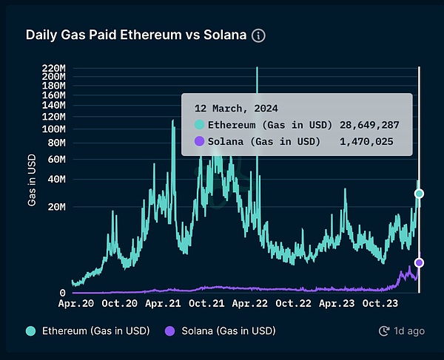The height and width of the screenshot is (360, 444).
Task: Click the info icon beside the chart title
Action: (258, 35)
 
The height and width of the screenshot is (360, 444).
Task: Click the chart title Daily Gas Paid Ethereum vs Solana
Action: (137, 35)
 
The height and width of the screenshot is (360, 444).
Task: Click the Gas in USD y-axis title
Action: (33, 180)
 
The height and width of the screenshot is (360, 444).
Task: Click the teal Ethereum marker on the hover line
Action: (419, 194)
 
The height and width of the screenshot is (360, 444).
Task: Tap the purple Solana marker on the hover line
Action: (419, 262)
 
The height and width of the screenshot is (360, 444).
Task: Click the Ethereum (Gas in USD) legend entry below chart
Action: (90, 330)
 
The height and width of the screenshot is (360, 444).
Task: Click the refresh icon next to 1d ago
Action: (383, 330)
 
